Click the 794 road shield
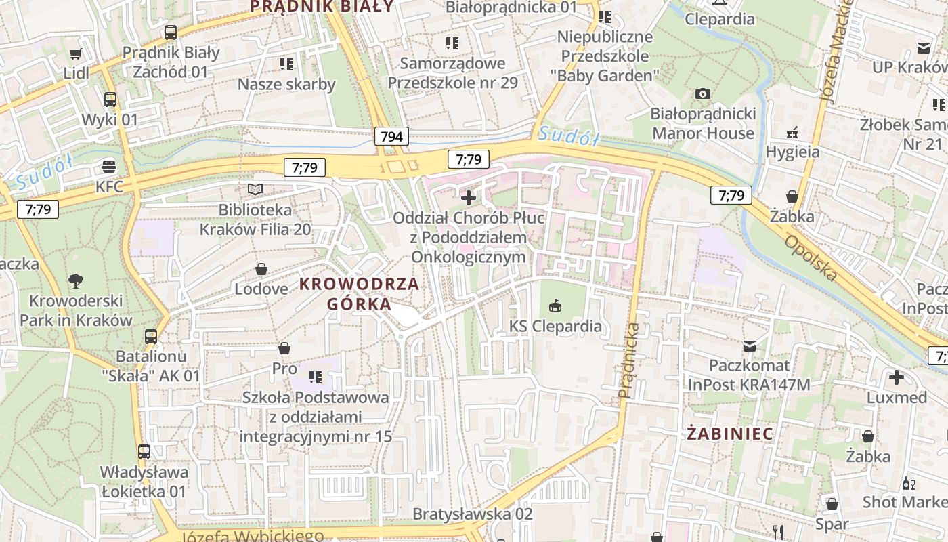(391, 136)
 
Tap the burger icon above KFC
(109, 166)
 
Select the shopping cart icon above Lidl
(76, 54)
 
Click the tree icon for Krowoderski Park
(76, 280)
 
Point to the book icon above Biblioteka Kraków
(255, 190)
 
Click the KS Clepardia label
(555, 326)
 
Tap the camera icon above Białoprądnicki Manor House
(703, 93)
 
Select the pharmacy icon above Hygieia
(792, 132)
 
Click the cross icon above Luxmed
(897, 377)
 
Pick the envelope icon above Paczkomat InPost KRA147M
(749, 346)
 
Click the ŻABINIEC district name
(730, 433)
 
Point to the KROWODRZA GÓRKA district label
(360, 294)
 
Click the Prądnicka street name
(629, 360)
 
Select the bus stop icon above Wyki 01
(110, 100)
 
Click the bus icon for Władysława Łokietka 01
(144, 452)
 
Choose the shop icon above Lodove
(261, 269)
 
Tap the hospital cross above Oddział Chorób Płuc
(468, 198)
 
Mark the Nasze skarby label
(286, 84)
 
